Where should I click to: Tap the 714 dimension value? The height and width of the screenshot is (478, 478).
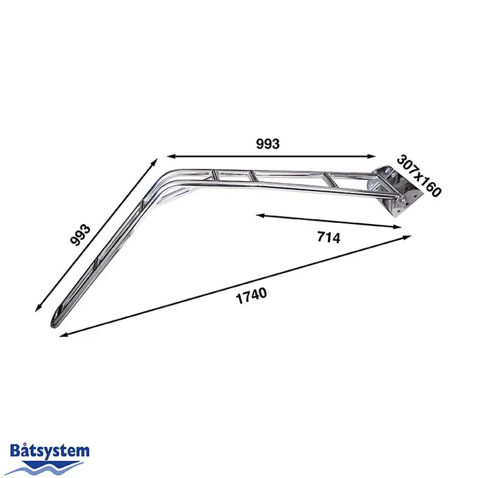point(328,237)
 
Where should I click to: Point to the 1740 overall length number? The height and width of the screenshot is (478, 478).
point(251,295)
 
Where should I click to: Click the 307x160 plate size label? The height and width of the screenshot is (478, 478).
point(419,176)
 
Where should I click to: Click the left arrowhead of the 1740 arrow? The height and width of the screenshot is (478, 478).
point(62,335)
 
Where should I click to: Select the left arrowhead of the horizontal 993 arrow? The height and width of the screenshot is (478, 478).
point(167,156)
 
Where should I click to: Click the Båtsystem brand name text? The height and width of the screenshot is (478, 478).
point(50,451)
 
